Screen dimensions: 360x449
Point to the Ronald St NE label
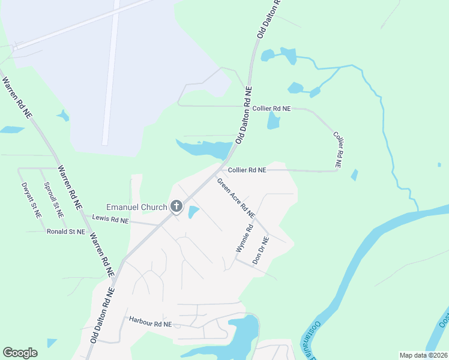[66, 231]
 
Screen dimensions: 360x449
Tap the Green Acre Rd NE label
[236, 198]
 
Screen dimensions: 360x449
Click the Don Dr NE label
[261, 250]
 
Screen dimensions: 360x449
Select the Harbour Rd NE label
[150, 324]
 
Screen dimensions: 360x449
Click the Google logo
[20, 353]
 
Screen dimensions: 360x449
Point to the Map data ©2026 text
[423, 355]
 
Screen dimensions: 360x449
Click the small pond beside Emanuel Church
[194, 212]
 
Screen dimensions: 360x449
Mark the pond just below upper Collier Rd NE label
[274, 121]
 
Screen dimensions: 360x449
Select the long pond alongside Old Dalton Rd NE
[204, 149]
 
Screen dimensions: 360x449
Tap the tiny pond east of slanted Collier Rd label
[354, 175]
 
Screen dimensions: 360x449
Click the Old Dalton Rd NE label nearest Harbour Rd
[102, 315]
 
